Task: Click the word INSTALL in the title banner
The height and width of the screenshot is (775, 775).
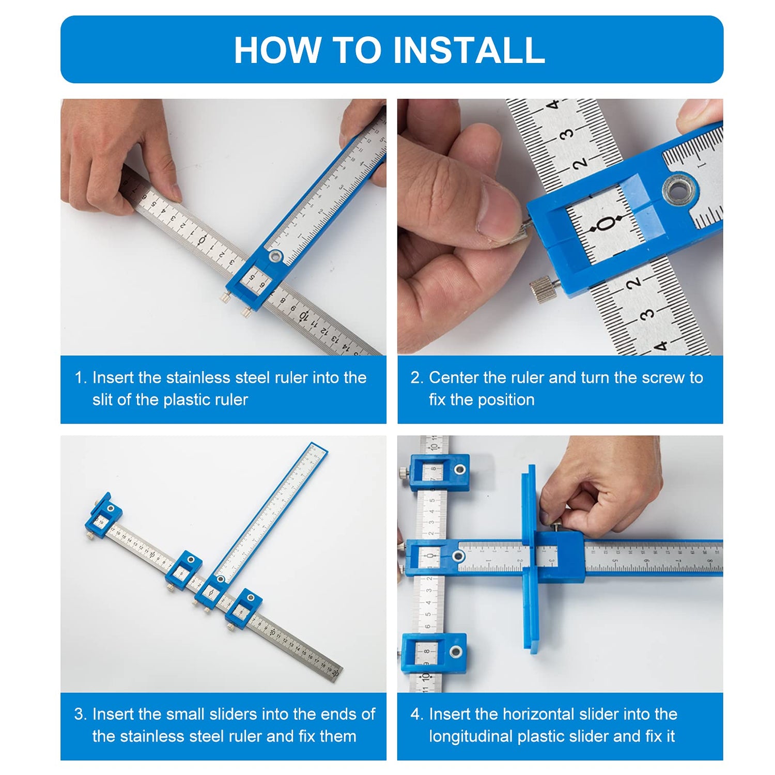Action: click(469, 50)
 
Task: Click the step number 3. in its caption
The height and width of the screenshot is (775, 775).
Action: click(81, 714)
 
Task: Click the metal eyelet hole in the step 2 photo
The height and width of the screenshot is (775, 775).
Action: click(679, 190)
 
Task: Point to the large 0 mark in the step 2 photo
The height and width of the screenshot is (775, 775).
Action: click(605, 224)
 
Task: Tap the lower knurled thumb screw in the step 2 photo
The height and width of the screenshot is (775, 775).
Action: click(544, 290)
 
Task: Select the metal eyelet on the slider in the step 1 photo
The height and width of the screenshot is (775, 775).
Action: click(275, 256)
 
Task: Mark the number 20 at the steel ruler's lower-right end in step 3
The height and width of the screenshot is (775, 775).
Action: click(336, 673)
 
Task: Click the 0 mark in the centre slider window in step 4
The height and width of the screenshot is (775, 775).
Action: click(430, 556)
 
